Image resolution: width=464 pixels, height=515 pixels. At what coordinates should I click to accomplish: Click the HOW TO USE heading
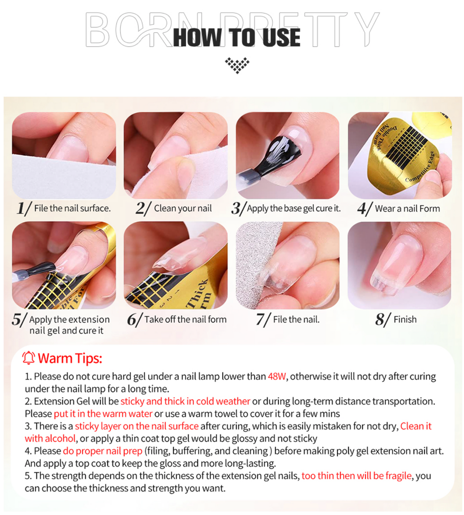(x=237, y=37)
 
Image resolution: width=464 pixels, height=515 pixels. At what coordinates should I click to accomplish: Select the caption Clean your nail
(x=183, y=209)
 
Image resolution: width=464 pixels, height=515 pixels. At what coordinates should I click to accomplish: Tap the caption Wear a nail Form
(x=407, y=209)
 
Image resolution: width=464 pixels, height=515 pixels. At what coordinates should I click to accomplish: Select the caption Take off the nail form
(x=185, y=319)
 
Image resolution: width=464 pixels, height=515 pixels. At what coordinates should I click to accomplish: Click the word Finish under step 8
(x=405, y=319)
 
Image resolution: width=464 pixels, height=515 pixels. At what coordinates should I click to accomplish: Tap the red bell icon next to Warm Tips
(x=29, y=358)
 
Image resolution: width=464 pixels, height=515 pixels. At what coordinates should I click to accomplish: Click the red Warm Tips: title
(x=70, y=358)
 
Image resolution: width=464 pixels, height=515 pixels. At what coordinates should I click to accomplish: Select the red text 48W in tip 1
(x=276, y=376)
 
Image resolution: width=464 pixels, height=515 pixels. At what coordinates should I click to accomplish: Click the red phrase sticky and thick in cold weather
(x=185, y=401)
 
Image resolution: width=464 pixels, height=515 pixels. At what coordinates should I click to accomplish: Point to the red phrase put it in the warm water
(x=103, y=413)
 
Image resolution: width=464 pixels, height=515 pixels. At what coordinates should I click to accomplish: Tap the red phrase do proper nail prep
(x=102, y=451)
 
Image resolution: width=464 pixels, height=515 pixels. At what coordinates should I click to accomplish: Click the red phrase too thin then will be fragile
(x=356, y=475)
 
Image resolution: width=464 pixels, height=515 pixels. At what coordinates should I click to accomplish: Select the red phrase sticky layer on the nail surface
(x=136, y=426)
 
